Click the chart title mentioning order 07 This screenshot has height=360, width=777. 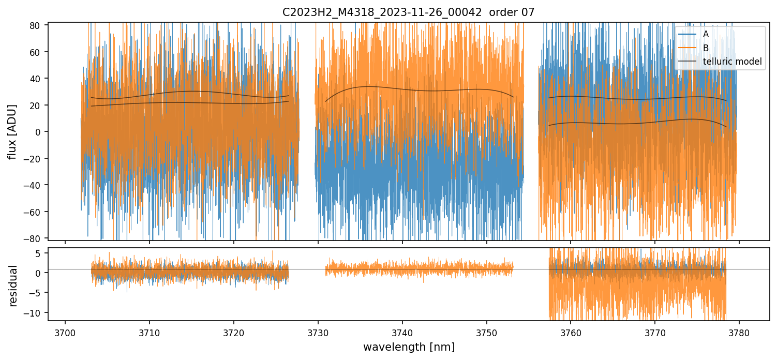tap(409, 12)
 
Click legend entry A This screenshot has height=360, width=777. tap(706, 34)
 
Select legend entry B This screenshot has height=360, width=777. tap(706, 48)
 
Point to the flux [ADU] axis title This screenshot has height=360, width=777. tap(12, 131)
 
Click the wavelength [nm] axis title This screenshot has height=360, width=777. tap(409, 347)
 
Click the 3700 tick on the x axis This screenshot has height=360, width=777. tap(65, 331)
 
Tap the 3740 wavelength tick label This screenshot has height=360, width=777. tap(402, 331)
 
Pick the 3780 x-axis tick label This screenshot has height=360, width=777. tap(739, 331)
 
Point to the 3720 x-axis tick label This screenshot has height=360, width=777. tap(233, 331)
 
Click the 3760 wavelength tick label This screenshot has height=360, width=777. tap(570, 331)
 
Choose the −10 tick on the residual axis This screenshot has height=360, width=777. tap(35, 312)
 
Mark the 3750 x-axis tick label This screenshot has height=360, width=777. tap(486, 331)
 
